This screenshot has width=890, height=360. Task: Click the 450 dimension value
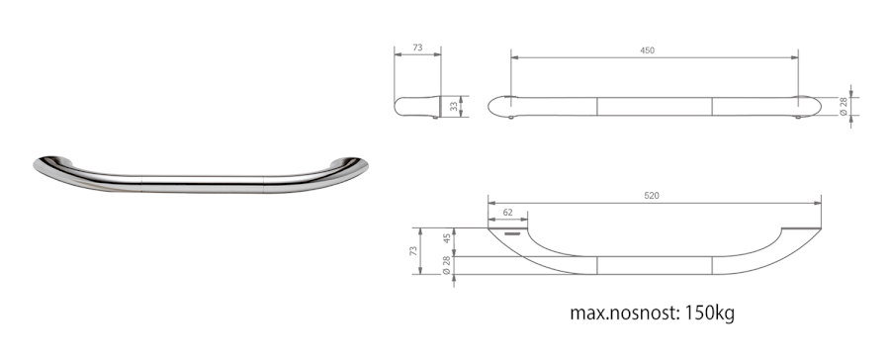[x=647, y=50]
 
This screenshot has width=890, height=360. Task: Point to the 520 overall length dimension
[x=652, y=196]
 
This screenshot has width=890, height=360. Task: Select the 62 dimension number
[x=508, y=213]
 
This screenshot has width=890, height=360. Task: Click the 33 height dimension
[x=453, y=106]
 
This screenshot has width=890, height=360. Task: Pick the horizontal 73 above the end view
[x=417, y=47]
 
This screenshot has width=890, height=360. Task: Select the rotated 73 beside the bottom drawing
[x=412, y=251]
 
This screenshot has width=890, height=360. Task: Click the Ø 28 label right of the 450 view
[x=843, y=106]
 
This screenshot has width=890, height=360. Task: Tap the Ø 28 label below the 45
[x=447, y=265]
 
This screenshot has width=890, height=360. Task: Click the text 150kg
[x=709, y=313]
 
